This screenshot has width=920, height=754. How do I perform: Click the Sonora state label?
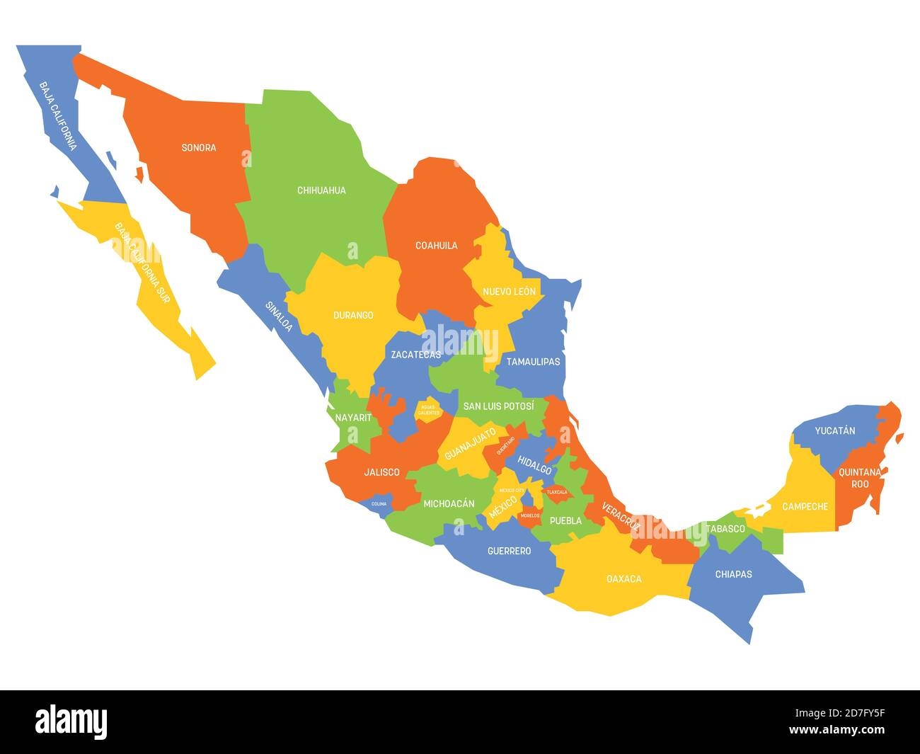(199, 148)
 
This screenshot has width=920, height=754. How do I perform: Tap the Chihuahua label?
(321, 190)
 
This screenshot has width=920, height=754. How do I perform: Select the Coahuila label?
(436, 246)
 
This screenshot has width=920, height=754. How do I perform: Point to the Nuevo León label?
(509, 292)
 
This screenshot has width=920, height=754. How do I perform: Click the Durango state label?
(353, 315)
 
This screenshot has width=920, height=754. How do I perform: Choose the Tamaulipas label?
(533, 361)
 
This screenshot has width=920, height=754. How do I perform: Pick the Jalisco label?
(381, 472)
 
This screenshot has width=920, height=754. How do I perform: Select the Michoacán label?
(449, 504)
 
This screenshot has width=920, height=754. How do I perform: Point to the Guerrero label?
(510, 550)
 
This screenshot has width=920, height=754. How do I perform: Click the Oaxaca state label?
(624, 579)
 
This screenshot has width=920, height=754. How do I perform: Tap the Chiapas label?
(733, 574)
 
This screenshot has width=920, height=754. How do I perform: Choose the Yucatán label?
(834, 430)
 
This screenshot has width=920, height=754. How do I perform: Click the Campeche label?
(805, 506)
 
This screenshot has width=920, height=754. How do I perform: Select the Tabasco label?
(725, 529)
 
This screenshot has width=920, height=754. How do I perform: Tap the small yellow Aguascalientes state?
(428, 410)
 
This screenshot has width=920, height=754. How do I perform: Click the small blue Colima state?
(379, 504)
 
